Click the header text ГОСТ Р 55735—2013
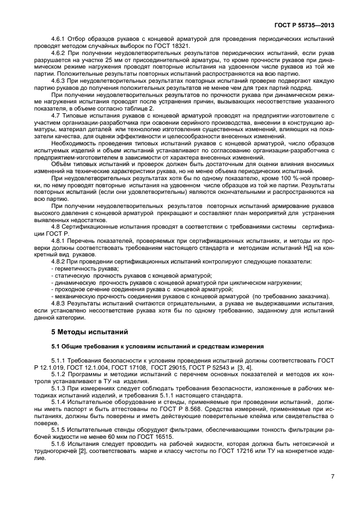pos(308,24)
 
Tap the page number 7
pos(332,476)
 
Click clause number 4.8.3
pos(58,302)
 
